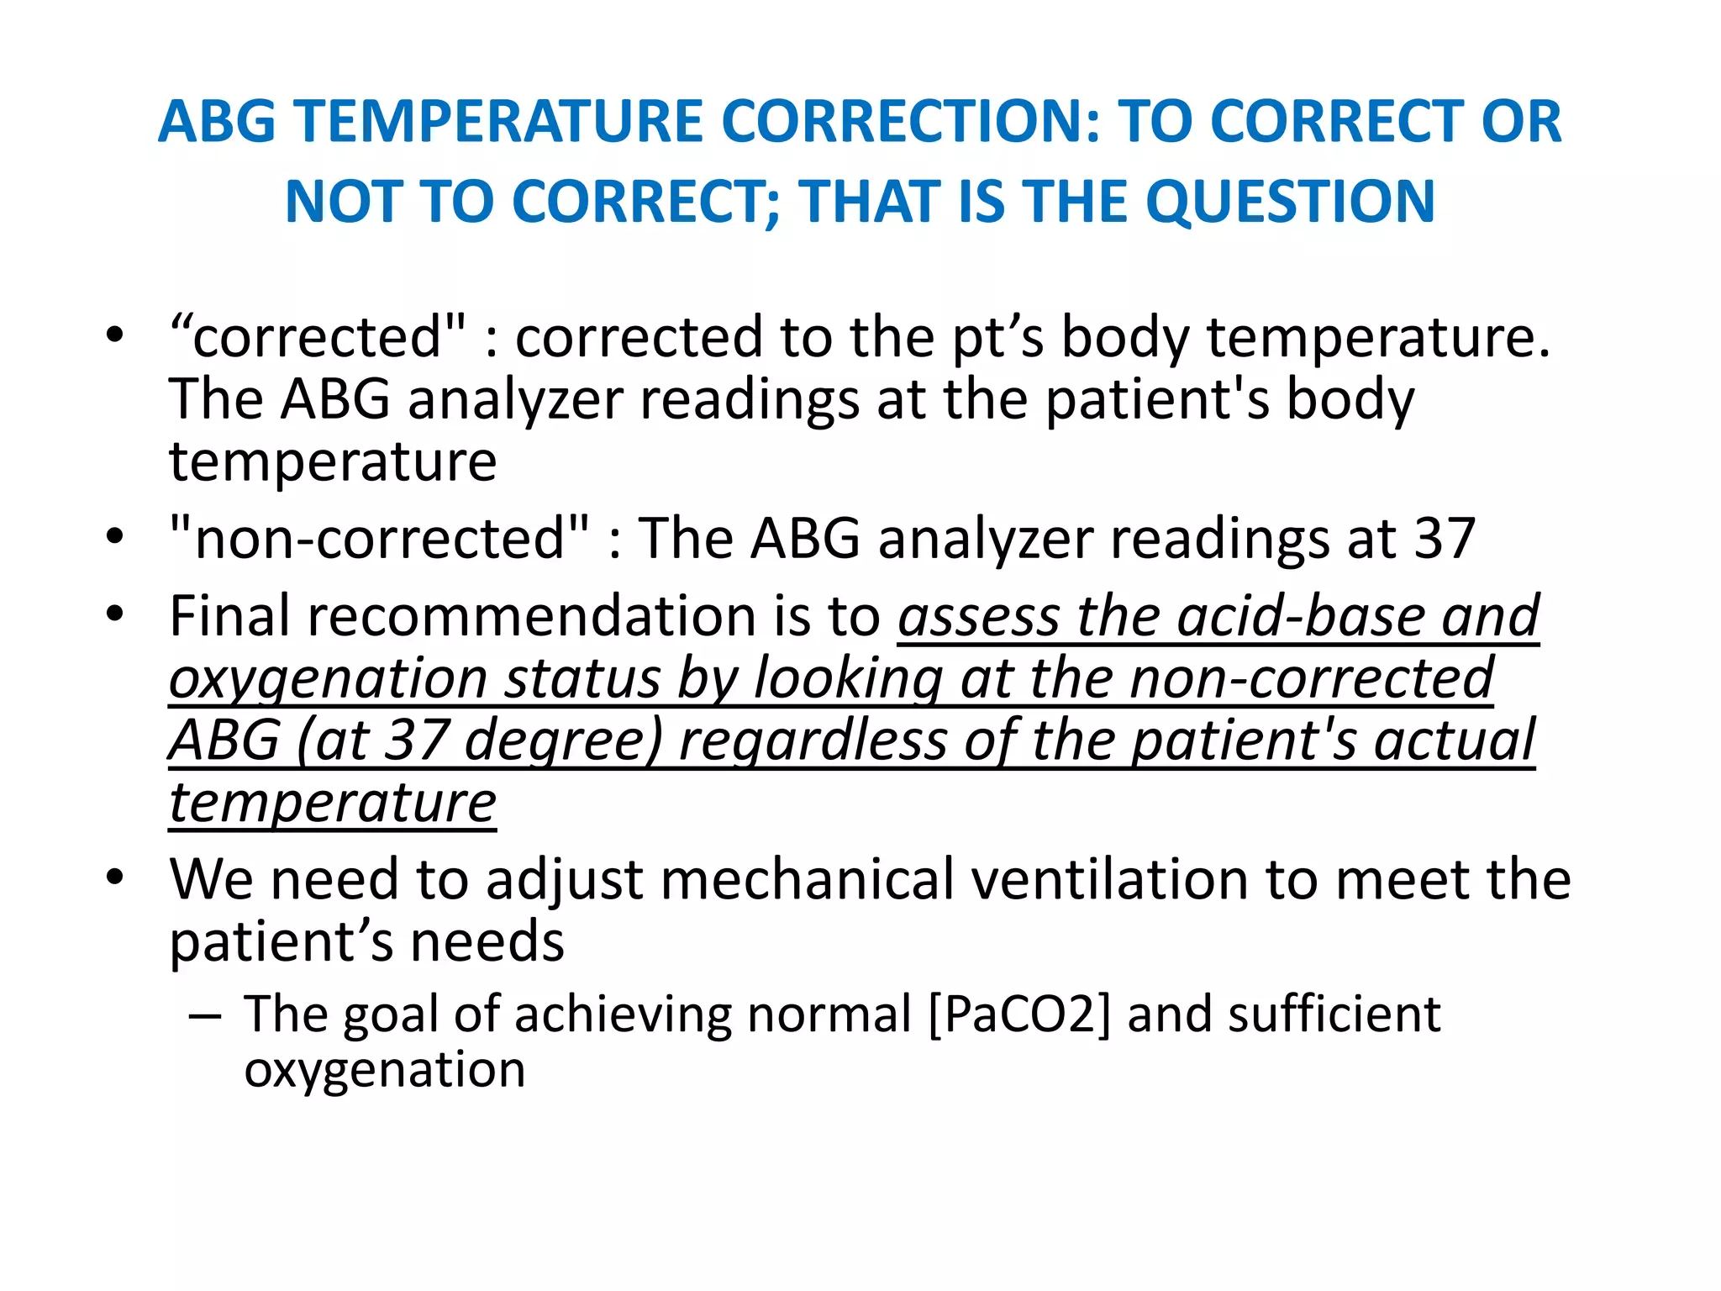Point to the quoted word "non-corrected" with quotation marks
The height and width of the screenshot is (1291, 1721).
pyautogui.click(x=379, y=538)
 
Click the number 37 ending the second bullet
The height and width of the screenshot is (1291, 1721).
pyautogui.click(x=1445, y=538)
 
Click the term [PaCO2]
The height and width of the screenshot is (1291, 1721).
pyautogui.click(x=1019, y=1014)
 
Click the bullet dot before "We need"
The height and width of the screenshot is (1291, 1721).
pyautogui.click(x=115, y=878)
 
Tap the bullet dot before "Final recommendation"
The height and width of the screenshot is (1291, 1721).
pyautogui.click(x=115, y=614)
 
